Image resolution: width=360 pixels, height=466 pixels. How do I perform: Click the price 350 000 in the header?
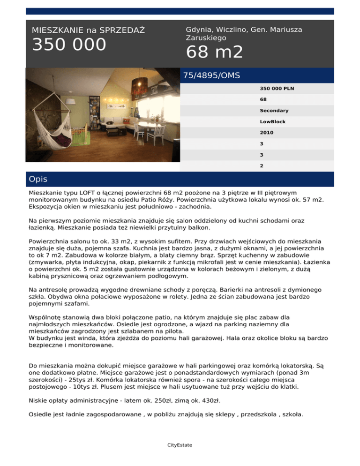coord(69,45)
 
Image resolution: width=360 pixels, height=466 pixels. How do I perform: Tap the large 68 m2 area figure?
coord(214,53)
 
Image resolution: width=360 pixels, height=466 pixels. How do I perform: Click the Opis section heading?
coord(37,179)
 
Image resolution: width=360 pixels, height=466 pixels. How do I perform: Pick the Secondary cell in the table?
coord(274,111)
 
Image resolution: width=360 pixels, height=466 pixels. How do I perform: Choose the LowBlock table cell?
coord(273,121)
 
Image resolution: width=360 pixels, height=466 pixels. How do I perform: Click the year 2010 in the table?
coord(266,133)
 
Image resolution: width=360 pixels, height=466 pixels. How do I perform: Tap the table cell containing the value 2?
coord(261,165)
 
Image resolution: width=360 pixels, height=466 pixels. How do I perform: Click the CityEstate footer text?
coord(180,444)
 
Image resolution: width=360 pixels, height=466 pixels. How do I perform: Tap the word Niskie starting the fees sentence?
coord(39,402)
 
